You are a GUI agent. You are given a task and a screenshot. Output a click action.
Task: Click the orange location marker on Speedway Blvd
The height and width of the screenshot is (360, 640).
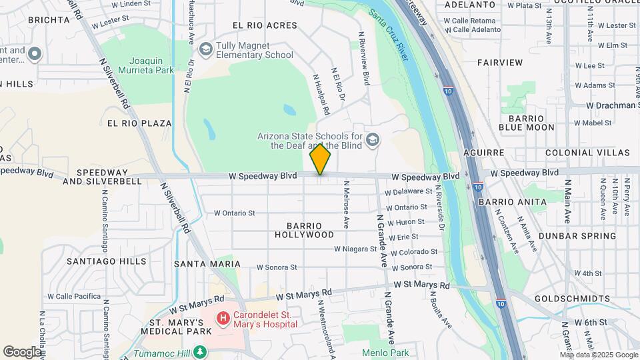[x=320, y=160]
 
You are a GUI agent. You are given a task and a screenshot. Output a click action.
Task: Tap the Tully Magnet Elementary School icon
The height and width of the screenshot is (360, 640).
[x=206, y=49]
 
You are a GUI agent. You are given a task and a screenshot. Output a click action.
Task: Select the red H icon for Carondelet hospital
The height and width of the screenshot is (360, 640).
[x=223, y=319]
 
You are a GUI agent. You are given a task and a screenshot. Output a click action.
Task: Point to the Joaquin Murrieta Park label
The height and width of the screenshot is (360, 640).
[x=146, y=64]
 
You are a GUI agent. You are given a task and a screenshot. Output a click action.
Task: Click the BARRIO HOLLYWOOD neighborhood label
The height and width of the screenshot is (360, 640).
[x=305, y=230]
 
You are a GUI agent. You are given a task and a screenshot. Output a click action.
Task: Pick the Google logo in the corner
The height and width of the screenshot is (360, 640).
[x=22, y=351]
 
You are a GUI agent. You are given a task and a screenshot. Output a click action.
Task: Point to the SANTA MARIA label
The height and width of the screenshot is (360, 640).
[x=202, y=263]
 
